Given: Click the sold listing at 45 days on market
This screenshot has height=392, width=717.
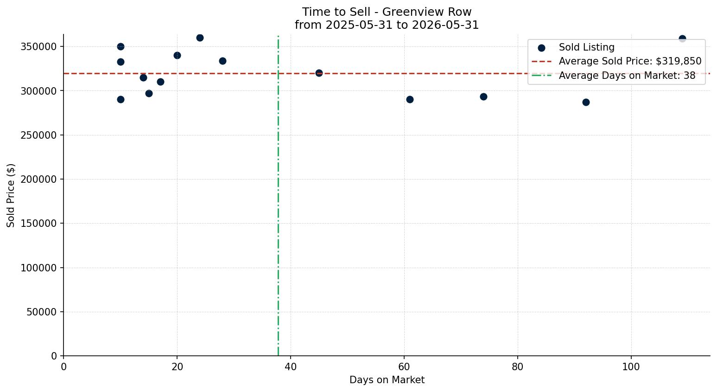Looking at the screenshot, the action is (319, 73).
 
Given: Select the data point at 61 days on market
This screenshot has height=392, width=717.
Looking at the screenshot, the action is (410, 100).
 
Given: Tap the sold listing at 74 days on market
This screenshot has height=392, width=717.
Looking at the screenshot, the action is (484, 96).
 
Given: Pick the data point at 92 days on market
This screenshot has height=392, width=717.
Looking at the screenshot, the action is (586, 103).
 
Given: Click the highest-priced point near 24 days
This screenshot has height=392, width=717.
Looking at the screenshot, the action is (200, 38).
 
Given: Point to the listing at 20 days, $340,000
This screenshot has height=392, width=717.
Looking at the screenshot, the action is (177, 55).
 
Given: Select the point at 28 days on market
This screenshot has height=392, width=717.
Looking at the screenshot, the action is (222, 61).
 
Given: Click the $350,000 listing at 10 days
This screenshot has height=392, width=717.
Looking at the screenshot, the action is (121, 47).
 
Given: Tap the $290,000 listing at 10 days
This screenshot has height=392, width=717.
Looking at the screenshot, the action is (121, 100).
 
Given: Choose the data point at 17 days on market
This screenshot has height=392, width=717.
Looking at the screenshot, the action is (160, 82).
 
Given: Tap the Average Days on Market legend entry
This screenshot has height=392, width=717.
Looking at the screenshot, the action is (613, 76).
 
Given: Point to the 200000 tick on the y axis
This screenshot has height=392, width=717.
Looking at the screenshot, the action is (39, 180).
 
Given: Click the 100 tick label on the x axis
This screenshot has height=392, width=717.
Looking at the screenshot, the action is (631, 367).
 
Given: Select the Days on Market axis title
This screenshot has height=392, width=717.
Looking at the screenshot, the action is (387, 380).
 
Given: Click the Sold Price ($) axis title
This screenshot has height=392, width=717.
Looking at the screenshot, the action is (11, 195).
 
